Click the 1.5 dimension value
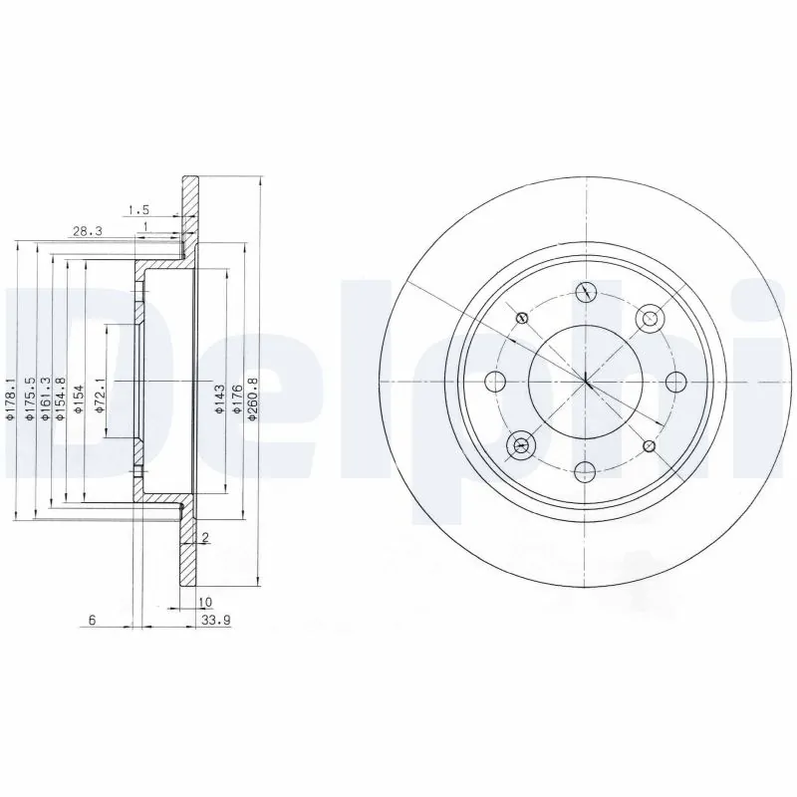pyautogui.click(x=137, y=209)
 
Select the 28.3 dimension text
pyautogui.click(x=87, y=231)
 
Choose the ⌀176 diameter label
pyautogui.click(x=237, y=398)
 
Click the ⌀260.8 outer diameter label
pyautogui.click(x=254, y=398)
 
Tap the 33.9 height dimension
pyautogui.click(x=209, y=620)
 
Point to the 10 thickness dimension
pyautogui.click(x=205, y=602)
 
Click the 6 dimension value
pyautogui.click(x=91, y=620)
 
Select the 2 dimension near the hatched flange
pyautogui.click(x=204, y=539)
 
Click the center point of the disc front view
pyautogui.click(x=587, y=383)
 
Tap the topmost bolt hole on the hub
pyautogui.click(x=587, y=292)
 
